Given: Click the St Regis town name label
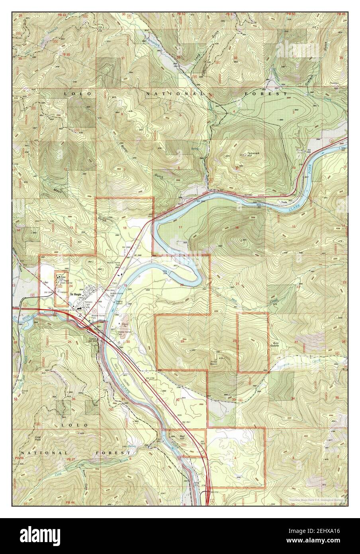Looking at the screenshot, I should click(x=76, y=295).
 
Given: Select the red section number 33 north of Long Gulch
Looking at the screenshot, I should click(x=235, y=58).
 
